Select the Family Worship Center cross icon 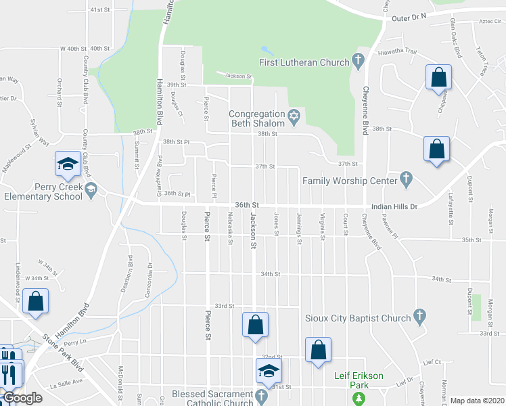406,180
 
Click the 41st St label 99,10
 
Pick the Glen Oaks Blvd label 459,43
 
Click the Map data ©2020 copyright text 477,401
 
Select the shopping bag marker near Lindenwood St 34,302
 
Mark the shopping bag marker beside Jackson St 255,325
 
